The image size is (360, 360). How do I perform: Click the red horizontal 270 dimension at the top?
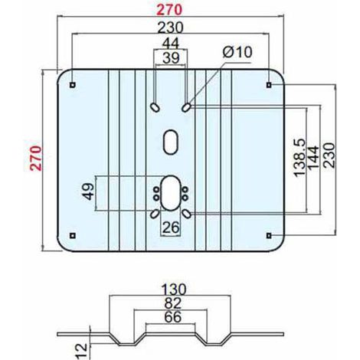[x=169, y=10]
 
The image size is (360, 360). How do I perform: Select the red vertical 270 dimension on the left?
[x=35, y=158]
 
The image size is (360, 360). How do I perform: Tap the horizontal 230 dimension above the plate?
[x=170, y=28]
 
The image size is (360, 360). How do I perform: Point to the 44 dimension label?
[x=171, y=43]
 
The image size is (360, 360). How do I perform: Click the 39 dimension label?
[x=171, y=58]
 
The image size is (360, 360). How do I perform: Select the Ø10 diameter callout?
[x=237, y=52]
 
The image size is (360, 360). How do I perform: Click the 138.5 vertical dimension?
[x=299, y=158]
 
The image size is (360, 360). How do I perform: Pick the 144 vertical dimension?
[x=313, y=157]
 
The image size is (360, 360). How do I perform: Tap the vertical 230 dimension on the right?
[x=329, y=155]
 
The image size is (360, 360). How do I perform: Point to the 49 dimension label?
[x=88, y=191]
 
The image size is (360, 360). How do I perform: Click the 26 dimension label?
[x=171, y=227]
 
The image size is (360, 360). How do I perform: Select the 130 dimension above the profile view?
[x=174, y=290]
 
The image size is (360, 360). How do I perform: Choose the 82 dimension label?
[x=172, y=303]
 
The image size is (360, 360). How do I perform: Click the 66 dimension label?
[x=172, y=317]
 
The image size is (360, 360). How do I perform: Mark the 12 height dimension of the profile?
[x=82, y=352]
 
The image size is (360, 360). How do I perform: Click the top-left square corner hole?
[x=73, y=85]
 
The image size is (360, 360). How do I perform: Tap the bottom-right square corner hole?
[x=269, y=236]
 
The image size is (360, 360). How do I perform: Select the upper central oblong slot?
[x=171, y=142]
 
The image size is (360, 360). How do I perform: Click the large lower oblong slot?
[x=171, y=193]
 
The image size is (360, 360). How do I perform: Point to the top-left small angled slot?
[x=155, y=107]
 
